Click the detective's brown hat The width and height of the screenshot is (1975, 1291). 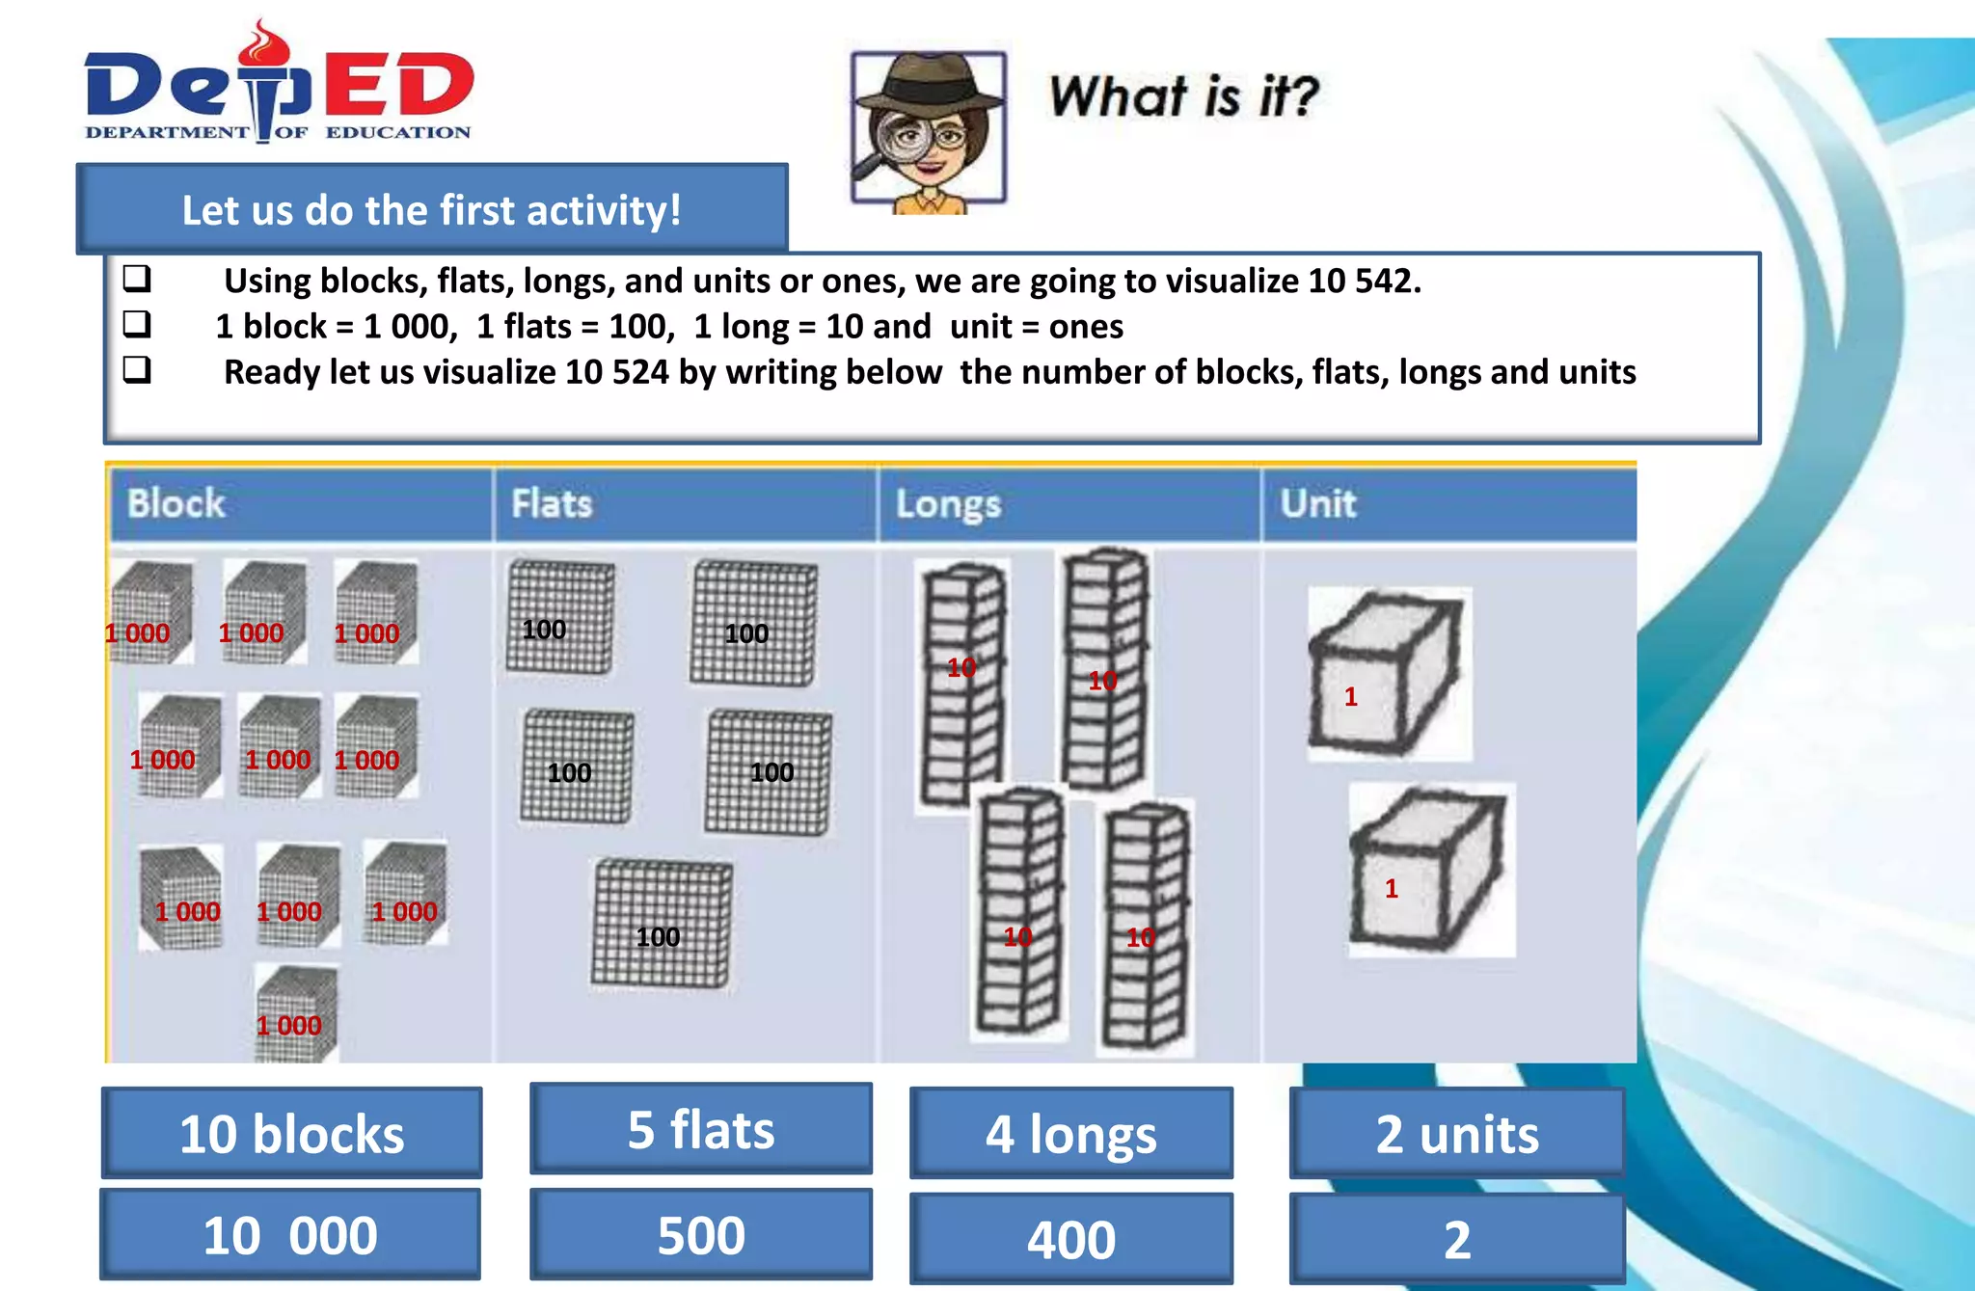click(929, 83)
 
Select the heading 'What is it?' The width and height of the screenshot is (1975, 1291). click(1183, 97)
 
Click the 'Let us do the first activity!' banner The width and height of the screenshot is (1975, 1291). click(432, 210)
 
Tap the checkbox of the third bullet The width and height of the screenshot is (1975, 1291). click(137, 370)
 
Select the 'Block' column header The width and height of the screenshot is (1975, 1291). click(176, 504)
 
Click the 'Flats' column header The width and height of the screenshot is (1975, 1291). click(552, 504)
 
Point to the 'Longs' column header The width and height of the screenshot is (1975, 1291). click(948, 504)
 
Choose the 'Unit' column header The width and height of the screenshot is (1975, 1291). click(1318, 504)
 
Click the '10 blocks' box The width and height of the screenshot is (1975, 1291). click(292, 1134)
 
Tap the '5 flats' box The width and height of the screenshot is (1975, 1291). click(701, 1129)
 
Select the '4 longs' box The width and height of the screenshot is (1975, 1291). click(1071, 1134)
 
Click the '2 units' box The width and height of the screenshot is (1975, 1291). click(1457, 1134)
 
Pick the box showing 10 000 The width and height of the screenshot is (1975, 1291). click(290, 1235)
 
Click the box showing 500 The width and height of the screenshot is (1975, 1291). click(701, 1235)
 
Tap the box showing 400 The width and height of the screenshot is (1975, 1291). click(1071, 1239)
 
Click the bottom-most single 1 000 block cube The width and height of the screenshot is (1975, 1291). click(296, 1015)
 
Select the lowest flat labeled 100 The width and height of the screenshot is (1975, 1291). click(662, 924)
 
